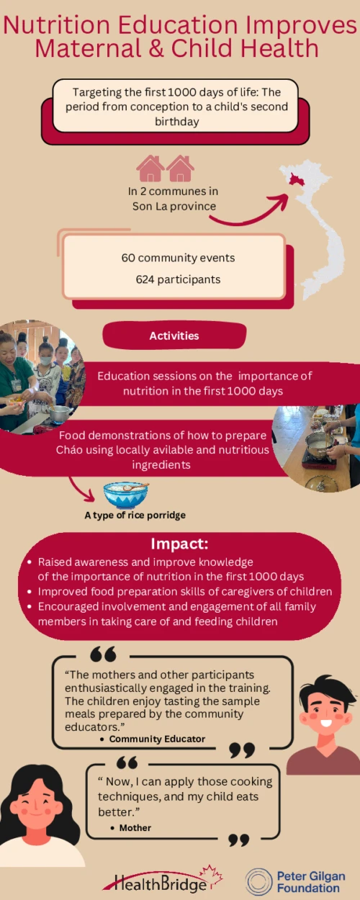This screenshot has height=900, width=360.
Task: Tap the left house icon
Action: point(150,168)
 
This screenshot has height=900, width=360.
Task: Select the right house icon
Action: point(181,168)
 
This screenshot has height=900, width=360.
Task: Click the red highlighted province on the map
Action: point(296,177)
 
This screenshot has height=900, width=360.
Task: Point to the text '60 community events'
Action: point(178,258)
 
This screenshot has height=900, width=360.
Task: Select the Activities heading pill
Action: point(174,336)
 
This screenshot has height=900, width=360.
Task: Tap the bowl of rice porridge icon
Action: point(126,495)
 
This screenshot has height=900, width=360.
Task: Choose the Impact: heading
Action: point(179,544)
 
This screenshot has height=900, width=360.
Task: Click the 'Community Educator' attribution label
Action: point(157,739)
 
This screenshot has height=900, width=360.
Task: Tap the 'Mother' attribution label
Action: point(135,827)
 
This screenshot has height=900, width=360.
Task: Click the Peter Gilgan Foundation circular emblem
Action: point(258,881)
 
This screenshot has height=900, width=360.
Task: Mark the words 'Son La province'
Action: point(174,206)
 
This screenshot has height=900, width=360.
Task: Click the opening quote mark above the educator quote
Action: point(103,654)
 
